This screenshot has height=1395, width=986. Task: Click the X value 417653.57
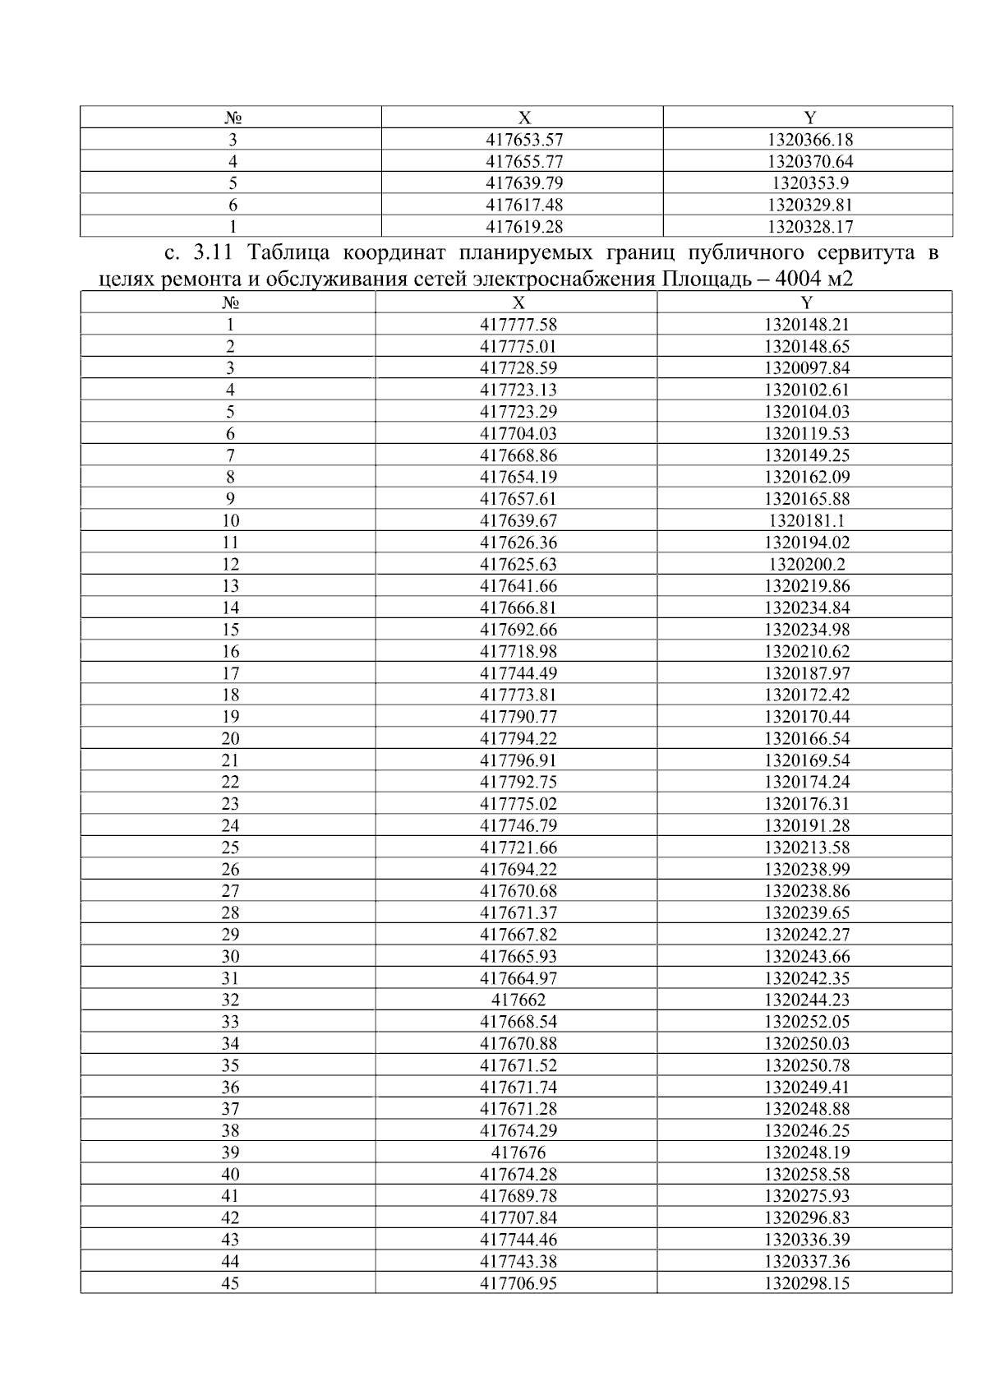pyautogui.click(x=524, y=140)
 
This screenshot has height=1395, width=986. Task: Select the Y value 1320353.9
pyautogui.click(x=810, y=183)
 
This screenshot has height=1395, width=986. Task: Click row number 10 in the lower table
pyautogui.click(x=230, y=520)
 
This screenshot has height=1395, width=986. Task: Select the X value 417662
pyautogui.click(x=518, y=1000)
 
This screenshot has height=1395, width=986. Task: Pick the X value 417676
pyautogui.click(x=518, y=1152)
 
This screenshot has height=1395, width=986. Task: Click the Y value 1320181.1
pyautogui.click(x=806, y=520)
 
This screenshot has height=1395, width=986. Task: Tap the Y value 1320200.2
pyautogui.click(x=806, y=565)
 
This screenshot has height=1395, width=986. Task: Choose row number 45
pyautogui.click(x=230, y=1283)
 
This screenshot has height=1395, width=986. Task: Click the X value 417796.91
pyautogui.click(x=518, y=760)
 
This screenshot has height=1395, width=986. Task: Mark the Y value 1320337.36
pyautogui.click(x=806, y=1262)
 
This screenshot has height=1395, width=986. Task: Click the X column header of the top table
pyautogui.click(x=524, y=118)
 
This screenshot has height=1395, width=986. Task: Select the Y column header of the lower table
pyautogui.click(x=806, y=303)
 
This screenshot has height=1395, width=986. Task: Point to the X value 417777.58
pyautogui.click(x=518, y=325)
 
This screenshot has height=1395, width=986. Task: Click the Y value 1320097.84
pyautogui.click(x=806, y=368)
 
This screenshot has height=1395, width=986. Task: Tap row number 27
pyautogui.click(x=230, y=891)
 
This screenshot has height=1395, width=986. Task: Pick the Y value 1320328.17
pyautogui.click(x=810, y=227)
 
